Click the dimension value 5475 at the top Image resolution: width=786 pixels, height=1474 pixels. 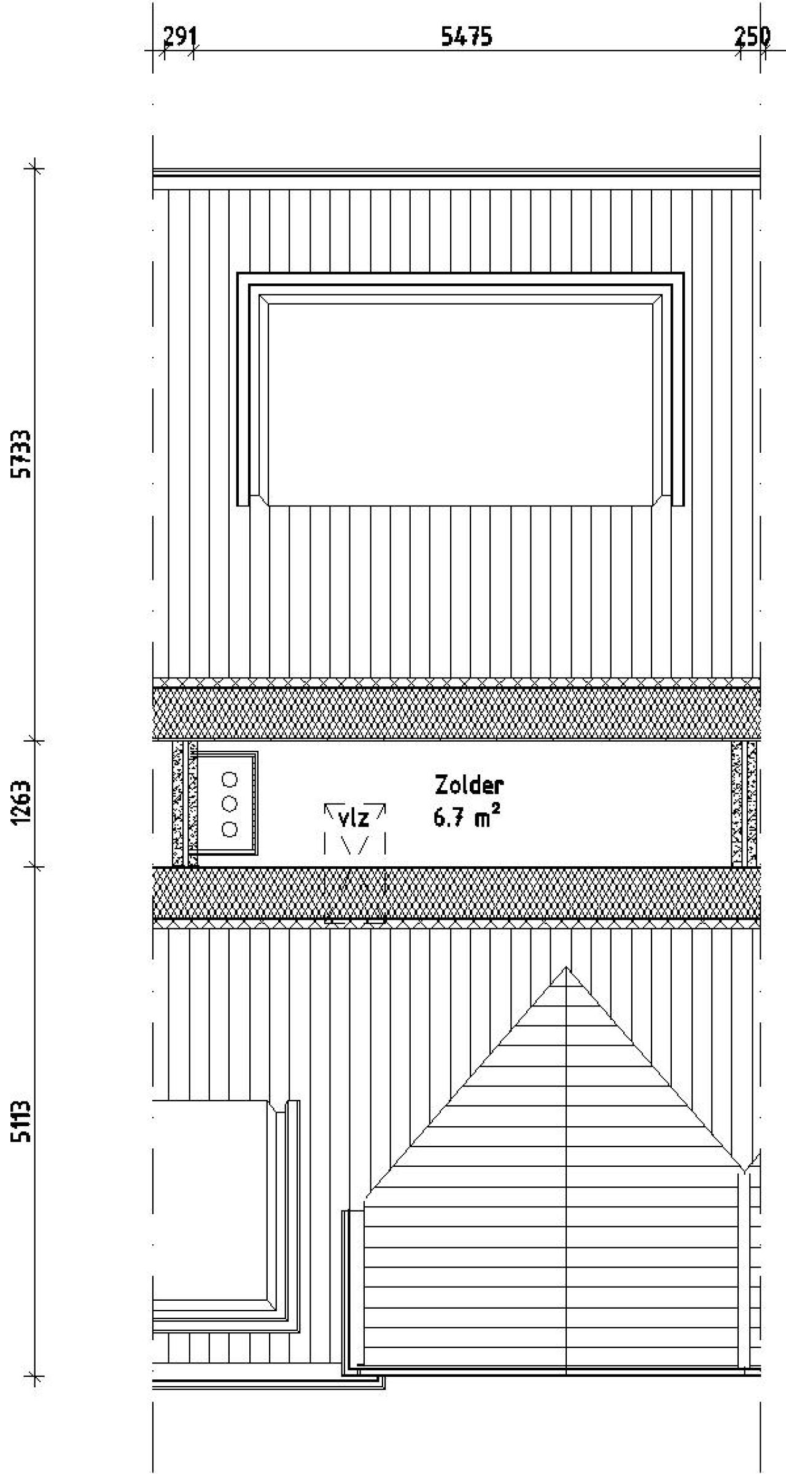[467, 37]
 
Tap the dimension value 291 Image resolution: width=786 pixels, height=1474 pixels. [180, 37]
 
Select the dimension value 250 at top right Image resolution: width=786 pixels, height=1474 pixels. [752, 37]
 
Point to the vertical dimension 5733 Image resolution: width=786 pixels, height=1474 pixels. [23, 453]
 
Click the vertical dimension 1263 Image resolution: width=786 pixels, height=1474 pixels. [23, 803]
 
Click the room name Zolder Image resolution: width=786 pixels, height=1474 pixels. [469, 785]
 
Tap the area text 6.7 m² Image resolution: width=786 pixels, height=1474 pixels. [467, 818]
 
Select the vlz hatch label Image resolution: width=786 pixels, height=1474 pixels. [354, 818]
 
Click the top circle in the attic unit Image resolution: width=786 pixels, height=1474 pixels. [230, 779]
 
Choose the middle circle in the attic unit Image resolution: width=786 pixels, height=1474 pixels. [230, 804]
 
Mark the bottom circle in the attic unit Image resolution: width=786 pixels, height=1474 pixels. [230, 829]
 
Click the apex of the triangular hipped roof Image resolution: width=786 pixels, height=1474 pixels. [566, 967]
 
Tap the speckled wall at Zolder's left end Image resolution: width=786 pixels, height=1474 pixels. [185, 804]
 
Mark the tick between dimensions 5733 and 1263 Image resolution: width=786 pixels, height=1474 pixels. [34, 741]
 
